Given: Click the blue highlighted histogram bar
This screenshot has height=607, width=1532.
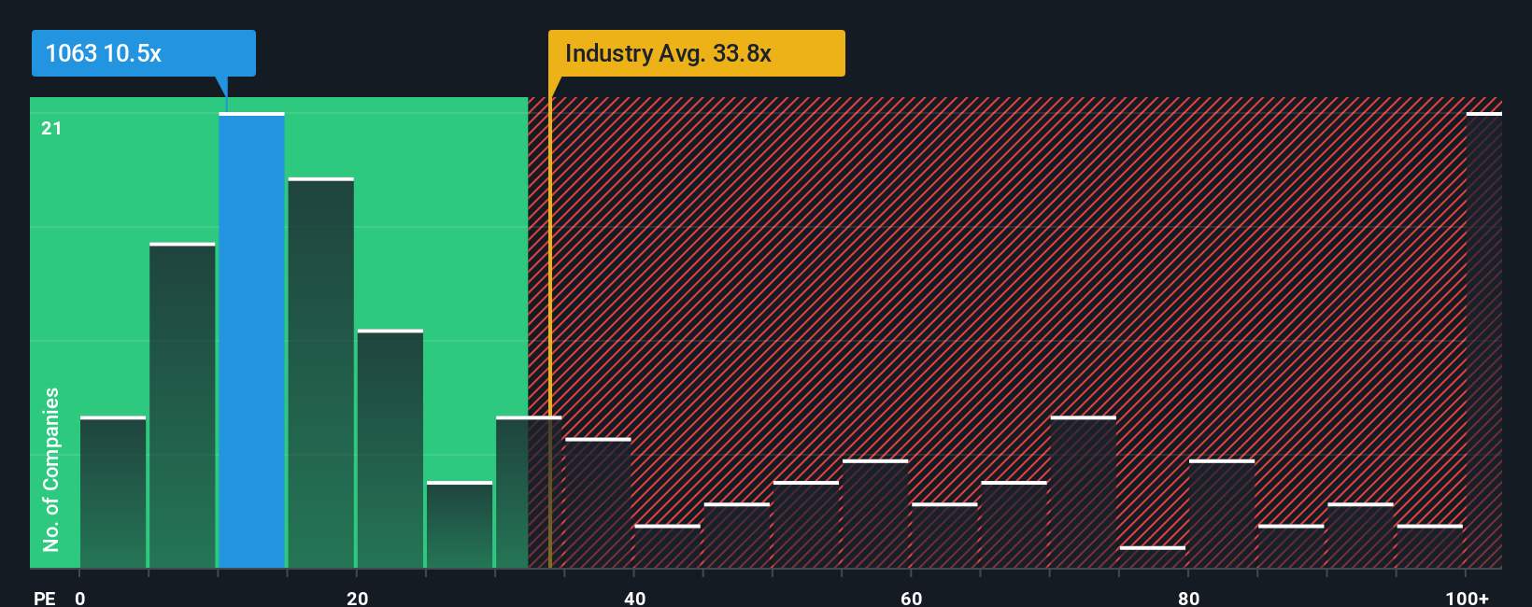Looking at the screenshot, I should [251, 341].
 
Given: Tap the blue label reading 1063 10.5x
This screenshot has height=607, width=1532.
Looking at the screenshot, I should [143, 53].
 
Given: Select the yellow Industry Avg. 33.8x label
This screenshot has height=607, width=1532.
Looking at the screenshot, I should [696, 53].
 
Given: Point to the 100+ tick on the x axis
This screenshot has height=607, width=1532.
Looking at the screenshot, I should [1467, 598].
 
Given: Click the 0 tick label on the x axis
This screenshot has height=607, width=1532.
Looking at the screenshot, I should [80, 598].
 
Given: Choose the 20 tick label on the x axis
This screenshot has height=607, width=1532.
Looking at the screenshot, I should [357, 598].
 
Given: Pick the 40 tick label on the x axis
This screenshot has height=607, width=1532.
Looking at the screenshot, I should [634, 598].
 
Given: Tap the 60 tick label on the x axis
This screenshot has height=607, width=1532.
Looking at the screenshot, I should [911, 598].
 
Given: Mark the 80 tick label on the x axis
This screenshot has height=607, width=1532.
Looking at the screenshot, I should [1188, 598].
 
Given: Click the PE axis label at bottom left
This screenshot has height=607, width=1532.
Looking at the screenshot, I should [44, 598].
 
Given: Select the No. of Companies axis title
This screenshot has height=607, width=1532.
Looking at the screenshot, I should [51, 469].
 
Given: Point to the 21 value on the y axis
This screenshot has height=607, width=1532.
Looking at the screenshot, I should [51, 128].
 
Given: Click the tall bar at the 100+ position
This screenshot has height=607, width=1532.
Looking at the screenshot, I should [1483, 341].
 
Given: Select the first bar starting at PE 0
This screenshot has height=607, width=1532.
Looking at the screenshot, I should [113, 492].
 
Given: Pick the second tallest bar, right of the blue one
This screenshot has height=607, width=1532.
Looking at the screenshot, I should [320, 374].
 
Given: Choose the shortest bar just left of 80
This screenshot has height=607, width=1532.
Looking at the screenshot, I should [1152, 558].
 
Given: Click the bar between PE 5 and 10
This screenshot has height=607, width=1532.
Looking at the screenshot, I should [182, 406].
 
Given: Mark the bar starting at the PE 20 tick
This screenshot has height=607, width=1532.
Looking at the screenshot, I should [390, 448].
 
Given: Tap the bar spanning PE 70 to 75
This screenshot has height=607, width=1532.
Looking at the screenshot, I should [1083, 492].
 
